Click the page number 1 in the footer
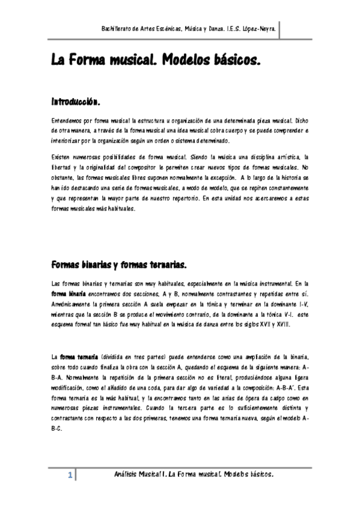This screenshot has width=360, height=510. [x=70, y=476]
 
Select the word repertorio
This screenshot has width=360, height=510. [x=183, y=197]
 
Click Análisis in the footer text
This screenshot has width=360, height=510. [x=127, y=475]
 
